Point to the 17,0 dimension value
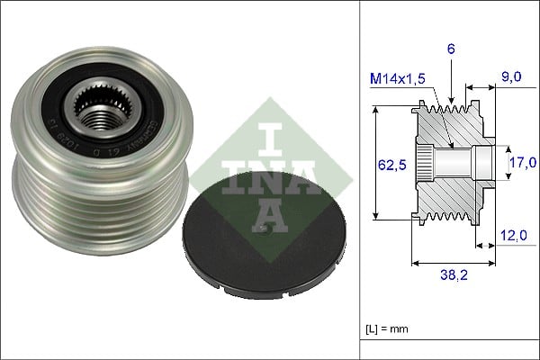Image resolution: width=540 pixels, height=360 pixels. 521,163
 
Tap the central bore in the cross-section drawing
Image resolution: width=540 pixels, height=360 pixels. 459,163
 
